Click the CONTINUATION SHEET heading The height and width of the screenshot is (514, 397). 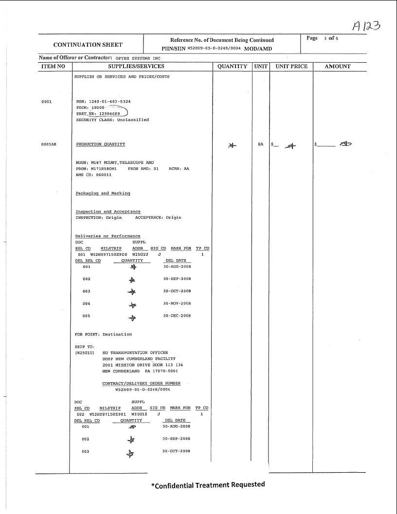[x=88, y=45]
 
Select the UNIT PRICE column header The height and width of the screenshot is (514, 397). [x=291, y=67]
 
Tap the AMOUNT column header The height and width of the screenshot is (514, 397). [x=337, y=67]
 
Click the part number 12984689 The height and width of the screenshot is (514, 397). [x=109, y=114]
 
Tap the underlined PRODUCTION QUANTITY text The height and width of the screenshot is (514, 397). [x=100, y=144]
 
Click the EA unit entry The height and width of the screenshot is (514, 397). [x=260, y=144]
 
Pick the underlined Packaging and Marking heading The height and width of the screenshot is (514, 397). [x=103, y=193]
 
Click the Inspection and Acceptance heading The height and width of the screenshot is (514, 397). [x=108, y=212]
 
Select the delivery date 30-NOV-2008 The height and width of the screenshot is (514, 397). [x=177, y=303]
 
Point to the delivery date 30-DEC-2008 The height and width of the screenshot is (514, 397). [x=177, y=316]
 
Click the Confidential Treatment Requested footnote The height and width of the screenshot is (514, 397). [x=208, y=484]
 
